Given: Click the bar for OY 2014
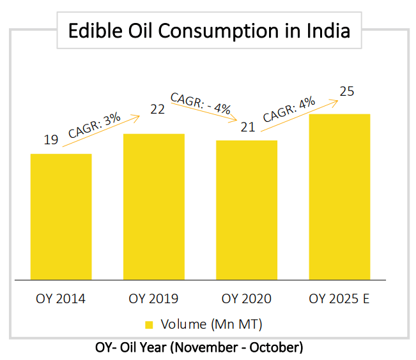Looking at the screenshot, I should [61, 216].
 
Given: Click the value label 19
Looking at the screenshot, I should [51, 139].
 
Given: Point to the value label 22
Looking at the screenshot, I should [157, 109].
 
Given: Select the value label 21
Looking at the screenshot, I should [247, 127].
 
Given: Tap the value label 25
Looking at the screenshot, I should [347, 91].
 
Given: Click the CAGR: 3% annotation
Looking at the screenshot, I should [95, 125].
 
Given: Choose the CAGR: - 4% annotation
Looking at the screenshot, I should [200, 103].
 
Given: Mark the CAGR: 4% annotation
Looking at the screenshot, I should [289, 108].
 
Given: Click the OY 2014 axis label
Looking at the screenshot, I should [61, 299].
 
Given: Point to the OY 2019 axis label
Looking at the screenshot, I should [153, 299].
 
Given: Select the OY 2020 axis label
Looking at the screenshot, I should [246, 299].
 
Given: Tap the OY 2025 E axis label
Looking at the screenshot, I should [339, 299].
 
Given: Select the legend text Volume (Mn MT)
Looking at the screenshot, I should [212, 324].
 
